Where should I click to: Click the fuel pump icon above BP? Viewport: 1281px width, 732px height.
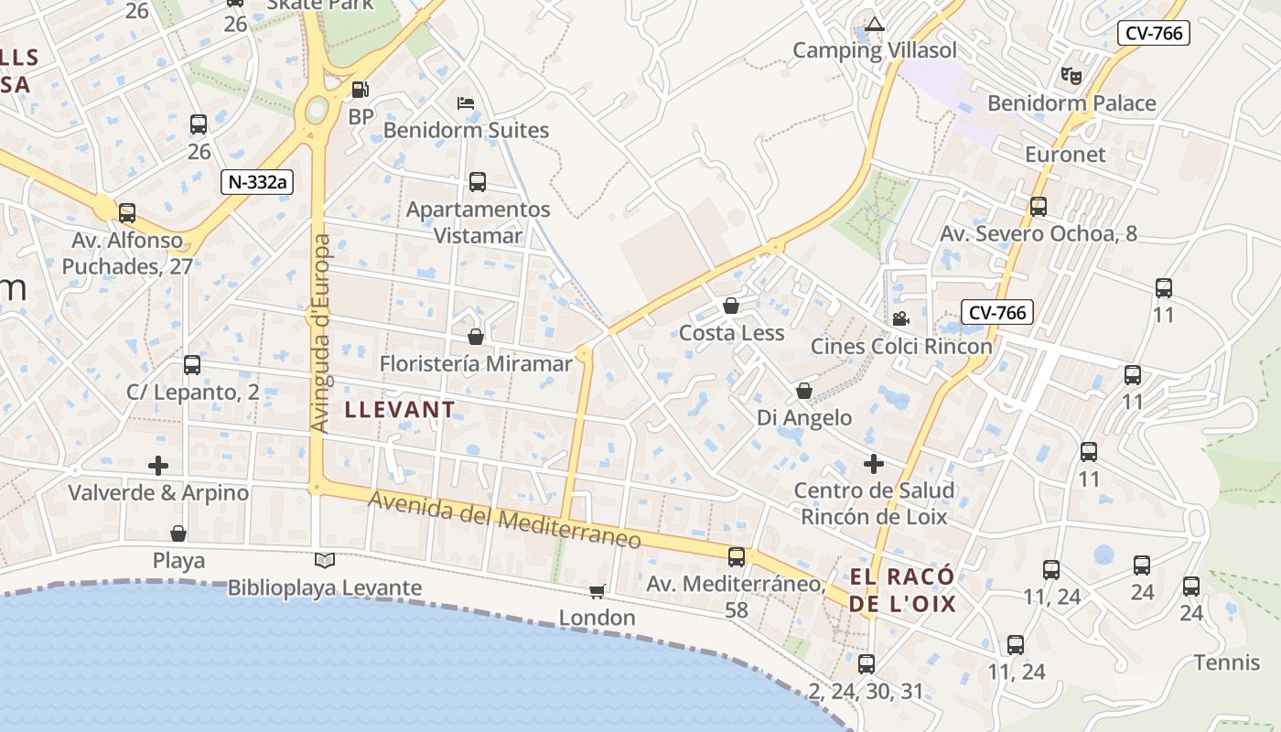tap(361, 90)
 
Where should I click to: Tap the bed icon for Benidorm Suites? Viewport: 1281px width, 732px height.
tap(466, 102)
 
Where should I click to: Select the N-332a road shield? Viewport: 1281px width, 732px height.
tap(256, 181)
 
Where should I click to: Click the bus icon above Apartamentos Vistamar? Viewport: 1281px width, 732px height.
tap(478, 181)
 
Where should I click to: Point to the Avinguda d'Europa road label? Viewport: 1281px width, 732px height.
tap(320, 334)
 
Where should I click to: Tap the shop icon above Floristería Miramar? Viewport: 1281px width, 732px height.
tap(476, 337)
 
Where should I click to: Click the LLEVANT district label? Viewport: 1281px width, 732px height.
tap(400, 410)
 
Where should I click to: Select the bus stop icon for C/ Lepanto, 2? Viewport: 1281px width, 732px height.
tap(192, 365)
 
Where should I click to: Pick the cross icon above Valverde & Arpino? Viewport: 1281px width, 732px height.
tap(158, 466)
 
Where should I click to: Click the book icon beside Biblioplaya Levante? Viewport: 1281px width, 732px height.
tap(325, 560)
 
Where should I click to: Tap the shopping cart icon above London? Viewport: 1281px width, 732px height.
tap(597, 591)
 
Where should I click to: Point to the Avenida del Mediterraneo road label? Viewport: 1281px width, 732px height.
tap(505, 520)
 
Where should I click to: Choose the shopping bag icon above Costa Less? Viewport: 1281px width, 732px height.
tap(731, 306)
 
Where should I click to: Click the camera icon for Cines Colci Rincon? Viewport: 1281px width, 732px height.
tap(900, 318)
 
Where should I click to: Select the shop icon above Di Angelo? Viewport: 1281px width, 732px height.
tap(804, 391)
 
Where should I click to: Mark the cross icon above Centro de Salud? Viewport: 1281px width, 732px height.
tap(874, 463)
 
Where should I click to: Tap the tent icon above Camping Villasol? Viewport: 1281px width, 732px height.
tap(876, 24)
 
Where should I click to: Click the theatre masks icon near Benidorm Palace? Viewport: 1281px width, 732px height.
tap(1071, 75)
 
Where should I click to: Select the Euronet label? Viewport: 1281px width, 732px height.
tap(1065, 154)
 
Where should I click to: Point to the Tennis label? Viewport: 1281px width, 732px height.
tap(1227, 662)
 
